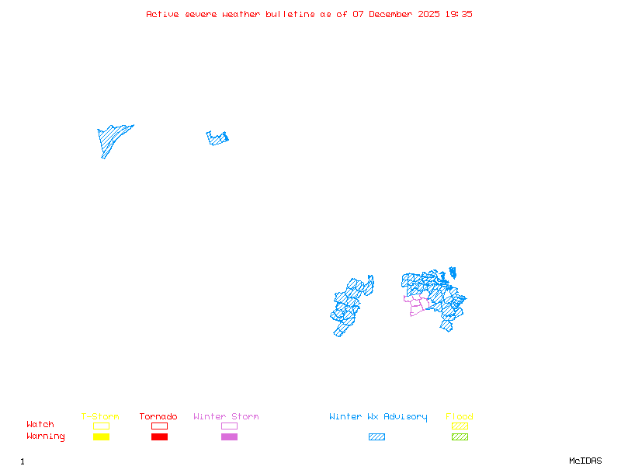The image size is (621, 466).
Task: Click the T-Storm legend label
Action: [100, 417]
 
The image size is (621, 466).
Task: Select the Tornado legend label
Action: [158, 417]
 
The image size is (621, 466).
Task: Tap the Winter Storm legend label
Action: [226, 417]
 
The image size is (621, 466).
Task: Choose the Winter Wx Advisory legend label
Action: [378, 417]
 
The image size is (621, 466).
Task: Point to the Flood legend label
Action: [460, 417]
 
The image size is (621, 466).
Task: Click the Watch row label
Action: [40, 425]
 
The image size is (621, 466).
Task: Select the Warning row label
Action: [45, 436]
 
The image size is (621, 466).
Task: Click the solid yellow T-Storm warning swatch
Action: [101, 437]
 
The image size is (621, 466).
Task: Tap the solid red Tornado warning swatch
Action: [159, 437]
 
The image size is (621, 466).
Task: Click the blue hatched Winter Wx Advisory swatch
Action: [376, 437]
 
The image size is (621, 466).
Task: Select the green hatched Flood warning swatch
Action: [460, 437]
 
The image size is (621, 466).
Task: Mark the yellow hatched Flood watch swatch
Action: [460, 426]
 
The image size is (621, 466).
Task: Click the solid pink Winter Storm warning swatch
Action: [229, 437]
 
